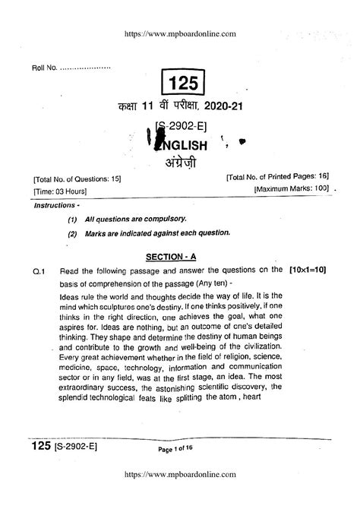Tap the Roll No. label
[45, 69]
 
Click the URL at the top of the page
[180, 33]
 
